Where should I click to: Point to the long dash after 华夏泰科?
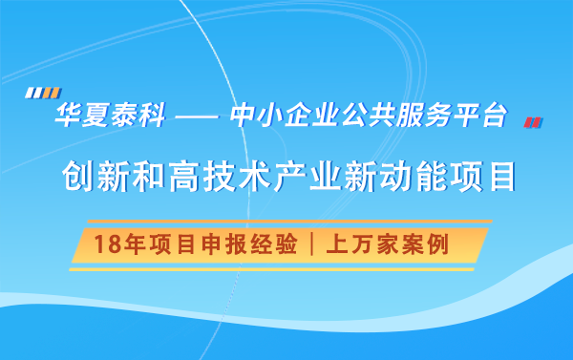[x=199, y=118]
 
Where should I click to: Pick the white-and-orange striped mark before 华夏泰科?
[x=37, y=94]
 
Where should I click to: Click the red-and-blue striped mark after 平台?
[x=533, y=121]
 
